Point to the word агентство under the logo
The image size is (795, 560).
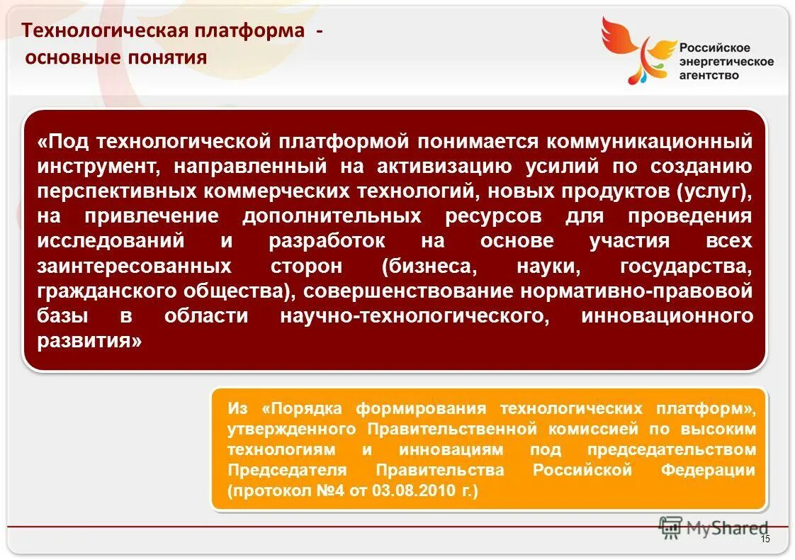click(709, 75)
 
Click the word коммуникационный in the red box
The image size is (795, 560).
click(648, 141)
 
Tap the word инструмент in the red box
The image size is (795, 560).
click(93, 167)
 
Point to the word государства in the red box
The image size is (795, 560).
click(685, 267)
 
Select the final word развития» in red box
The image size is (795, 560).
click(89, 342)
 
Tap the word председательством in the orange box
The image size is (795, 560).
click(670, 449)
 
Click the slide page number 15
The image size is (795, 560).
click(765, 540)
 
